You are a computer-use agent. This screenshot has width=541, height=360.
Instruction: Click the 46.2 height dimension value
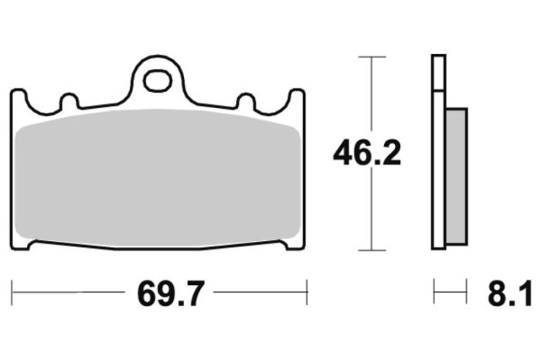coord(367,154)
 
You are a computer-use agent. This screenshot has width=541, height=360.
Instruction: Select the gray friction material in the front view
coord(158,178)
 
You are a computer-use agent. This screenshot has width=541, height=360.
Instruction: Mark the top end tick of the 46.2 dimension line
coord(373,57)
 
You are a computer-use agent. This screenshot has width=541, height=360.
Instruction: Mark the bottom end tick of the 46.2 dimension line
coord(373,250)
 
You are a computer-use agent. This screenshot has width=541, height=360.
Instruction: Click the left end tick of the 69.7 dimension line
coord(12,293)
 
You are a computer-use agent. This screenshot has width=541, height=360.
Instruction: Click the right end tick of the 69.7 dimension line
coord(308,293)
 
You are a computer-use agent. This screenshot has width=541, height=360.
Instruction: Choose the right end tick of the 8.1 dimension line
coord(468,293)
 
